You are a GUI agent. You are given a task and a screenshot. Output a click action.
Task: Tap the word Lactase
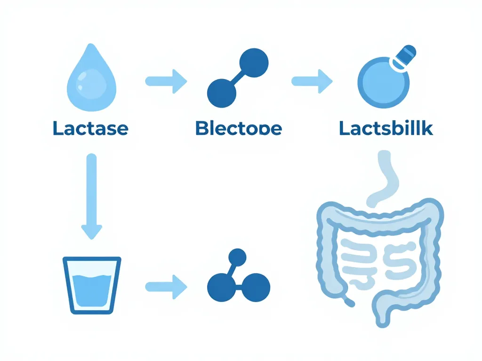[x=90, y=128]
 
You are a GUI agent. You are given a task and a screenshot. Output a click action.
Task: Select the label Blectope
[x=238, y=128]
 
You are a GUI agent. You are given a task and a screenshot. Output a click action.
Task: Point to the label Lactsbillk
[x=386, y=128]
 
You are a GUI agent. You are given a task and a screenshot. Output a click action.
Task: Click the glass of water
[x=92, y=284]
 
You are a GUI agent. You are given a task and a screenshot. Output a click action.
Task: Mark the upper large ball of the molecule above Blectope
[x=254, y=61]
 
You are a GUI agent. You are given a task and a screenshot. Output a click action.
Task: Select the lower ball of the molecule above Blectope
[x=222, y=90]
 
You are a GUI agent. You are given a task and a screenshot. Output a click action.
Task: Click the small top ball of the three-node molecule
[x=237, y=258]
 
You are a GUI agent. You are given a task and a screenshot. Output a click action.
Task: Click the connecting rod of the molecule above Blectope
[x=238, y=76]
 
